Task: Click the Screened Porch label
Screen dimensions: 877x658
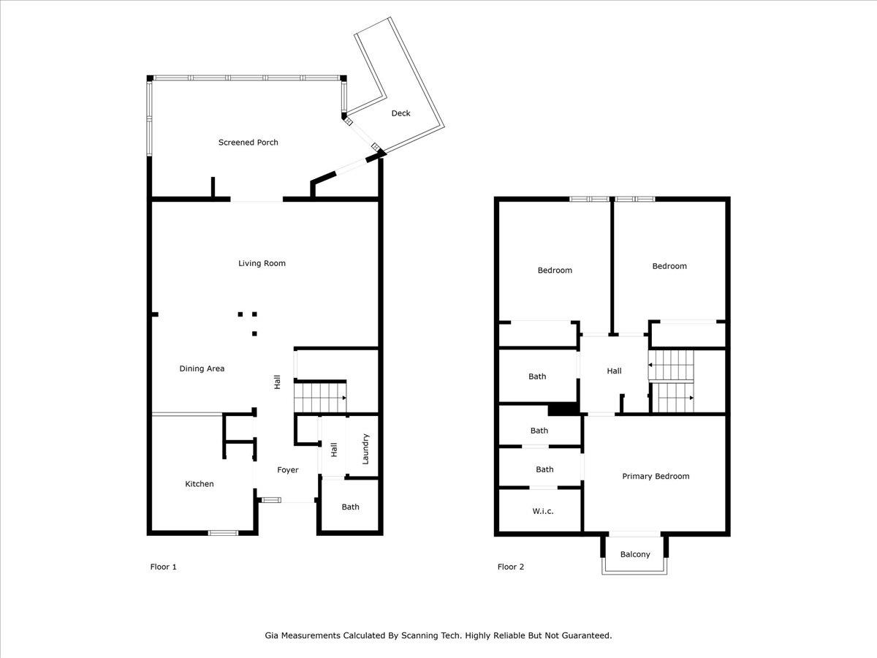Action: pyautogui.click(x=248, y=143)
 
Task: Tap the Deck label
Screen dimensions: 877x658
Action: pyautogui.click(x=400, y=113)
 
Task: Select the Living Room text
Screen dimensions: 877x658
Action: pyautogui.click(x=262, y=263)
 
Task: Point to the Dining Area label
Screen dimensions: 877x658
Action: pyautogui.click(x=202, y=368)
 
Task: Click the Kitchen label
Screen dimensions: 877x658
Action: pyautogui.click(x=199, y=484)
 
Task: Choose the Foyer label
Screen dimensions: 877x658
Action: pyautogui.click(x=288, y=470)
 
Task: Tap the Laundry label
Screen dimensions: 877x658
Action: pyautogui.click(x=365, y=449)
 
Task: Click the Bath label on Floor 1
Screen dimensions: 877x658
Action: pyautogui.click(x=350, y=507)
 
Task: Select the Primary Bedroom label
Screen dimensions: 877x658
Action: pyautogui.click(x=656, y=476)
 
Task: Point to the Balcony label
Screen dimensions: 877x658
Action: pyautogui.click(x=635, y=554)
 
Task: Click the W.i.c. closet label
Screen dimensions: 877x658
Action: pyautogui.click(x=542, y=511)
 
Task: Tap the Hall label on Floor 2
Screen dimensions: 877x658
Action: pyautogui.click(x=614, y=371)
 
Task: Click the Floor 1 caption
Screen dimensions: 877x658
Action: pyautogui.click(x=163, y=567)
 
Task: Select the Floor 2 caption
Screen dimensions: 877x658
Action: pyautogui.click(x=511, y=567)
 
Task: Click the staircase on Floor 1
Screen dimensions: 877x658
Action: pyautogui.click(x=320, y=398)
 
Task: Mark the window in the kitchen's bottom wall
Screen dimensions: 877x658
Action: pyautogui.click(x=223, y=532)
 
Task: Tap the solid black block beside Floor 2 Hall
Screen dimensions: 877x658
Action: pyautogui.click(x=563, y=410)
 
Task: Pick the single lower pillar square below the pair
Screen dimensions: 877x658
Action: pyautogui.click(x=254, y=333)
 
